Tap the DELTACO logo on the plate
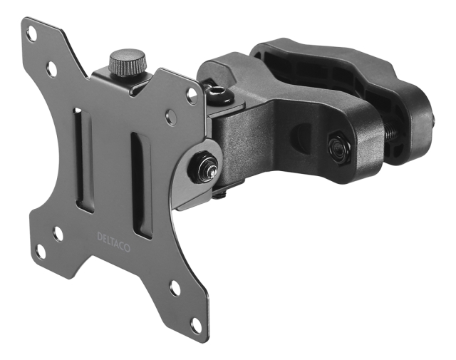[113, 238]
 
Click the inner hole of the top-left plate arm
[51, 68]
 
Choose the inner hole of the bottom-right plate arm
[175, 289]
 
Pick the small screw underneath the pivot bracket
[219, 191]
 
